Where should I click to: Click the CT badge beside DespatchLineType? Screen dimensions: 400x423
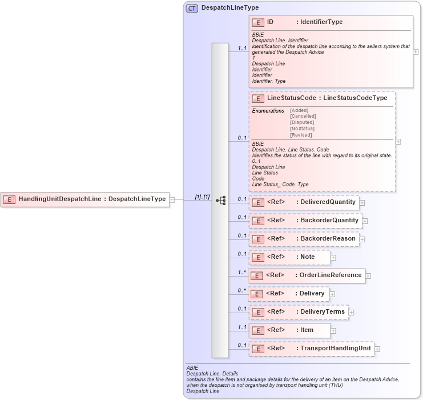192,8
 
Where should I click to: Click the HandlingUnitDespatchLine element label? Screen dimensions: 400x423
60,199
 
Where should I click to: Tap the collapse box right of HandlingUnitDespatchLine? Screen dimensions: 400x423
172,199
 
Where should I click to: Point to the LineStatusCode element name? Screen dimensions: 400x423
292,98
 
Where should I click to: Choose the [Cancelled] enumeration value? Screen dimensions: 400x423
303,116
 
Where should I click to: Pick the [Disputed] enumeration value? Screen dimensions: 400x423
301,122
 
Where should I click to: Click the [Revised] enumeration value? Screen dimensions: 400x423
300,135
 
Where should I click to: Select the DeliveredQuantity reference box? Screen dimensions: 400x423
303,202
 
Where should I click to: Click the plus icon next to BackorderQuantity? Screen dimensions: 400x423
365,221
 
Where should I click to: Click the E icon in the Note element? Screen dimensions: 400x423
259,258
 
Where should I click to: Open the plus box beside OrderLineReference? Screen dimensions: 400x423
368,276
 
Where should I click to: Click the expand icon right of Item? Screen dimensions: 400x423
333,330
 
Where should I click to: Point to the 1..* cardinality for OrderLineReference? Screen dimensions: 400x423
242,273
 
